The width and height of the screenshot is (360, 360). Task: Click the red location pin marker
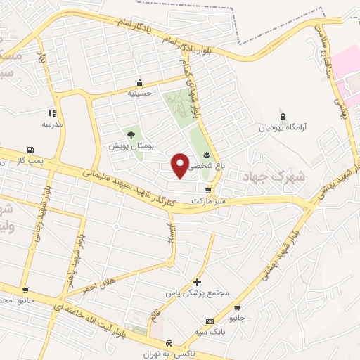click(x=181, y=165)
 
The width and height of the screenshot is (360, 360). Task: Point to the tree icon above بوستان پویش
click(x=130, y=135)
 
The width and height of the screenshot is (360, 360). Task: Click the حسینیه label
click(x=140, y=92)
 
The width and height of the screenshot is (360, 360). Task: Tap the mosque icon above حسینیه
click(x=140, y=82)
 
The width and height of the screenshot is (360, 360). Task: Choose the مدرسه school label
click(x=52, y=124)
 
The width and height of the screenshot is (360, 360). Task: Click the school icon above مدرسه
click(x=52, y=112)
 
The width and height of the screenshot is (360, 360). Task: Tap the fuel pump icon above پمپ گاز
click(x=29, y=150)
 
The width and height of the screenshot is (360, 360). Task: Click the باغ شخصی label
click(x=203, y=166)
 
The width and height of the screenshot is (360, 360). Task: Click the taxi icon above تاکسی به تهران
click(x=169, y=343)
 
